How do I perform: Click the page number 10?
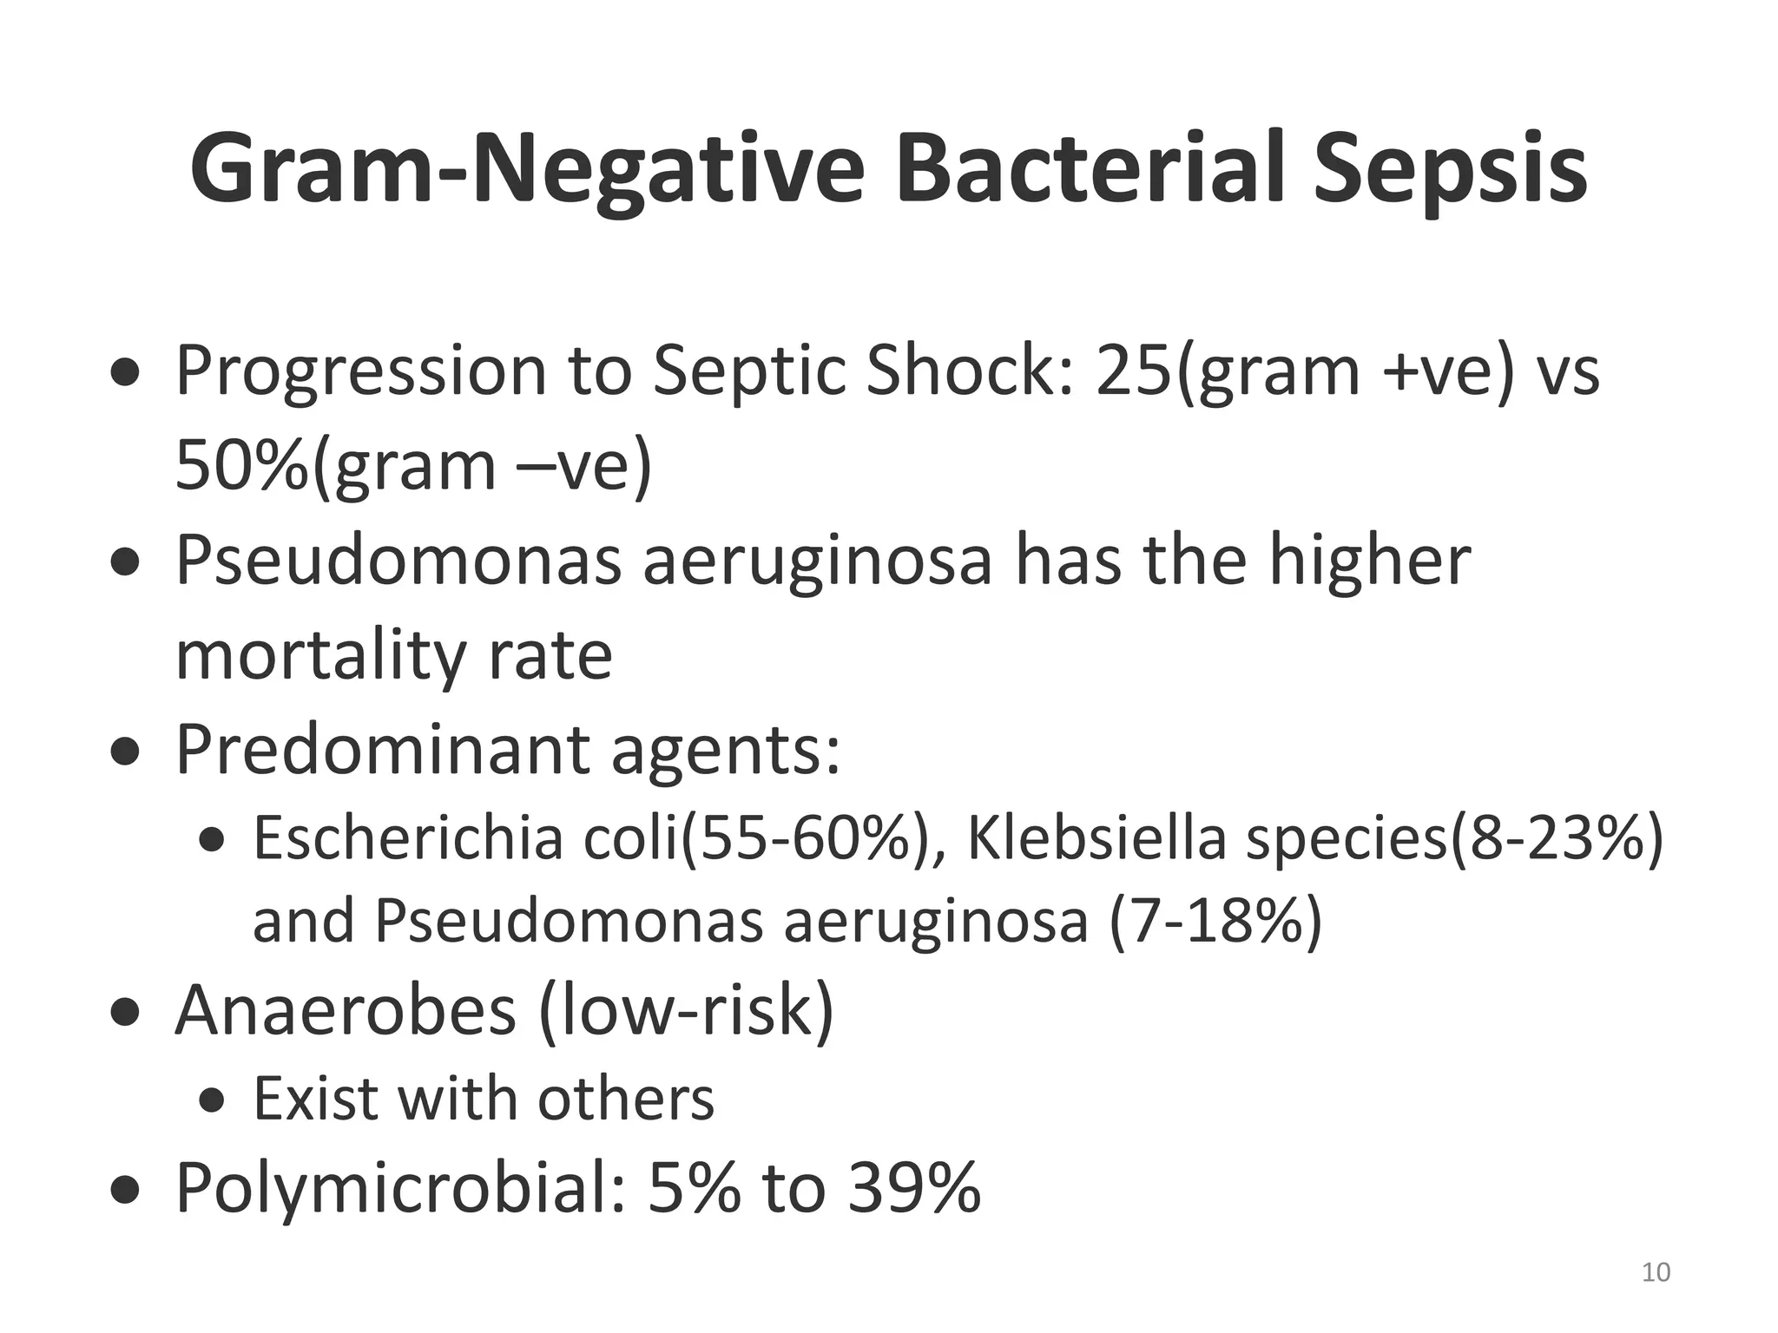(1656, 1272)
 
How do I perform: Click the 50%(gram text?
(336, 466)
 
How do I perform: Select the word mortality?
(320, 656)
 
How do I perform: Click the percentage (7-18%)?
(1215, 921)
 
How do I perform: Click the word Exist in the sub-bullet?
(316, 1099)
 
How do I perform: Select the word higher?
(1369, 561)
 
